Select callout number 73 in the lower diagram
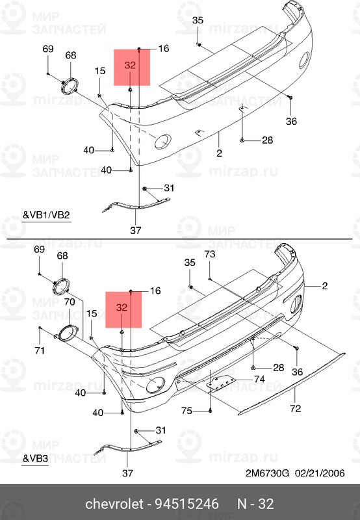click(209, 254)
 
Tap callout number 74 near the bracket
click(259, 380)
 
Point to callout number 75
click(186, 410)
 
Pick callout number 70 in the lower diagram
click(70, 302)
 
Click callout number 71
click(40, 351)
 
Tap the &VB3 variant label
click(36, 458)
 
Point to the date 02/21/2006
click(318, 473)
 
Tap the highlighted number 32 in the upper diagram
click(130, 66)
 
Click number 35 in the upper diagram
click(198, 21)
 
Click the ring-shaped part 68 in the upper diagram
click(68, 87)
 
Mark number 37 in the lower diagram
click(128, 473)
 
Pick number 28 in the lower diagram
click(278, 367)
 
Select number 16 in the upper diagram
click(163, 48)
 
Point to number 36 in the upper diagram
click(291, 122)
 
